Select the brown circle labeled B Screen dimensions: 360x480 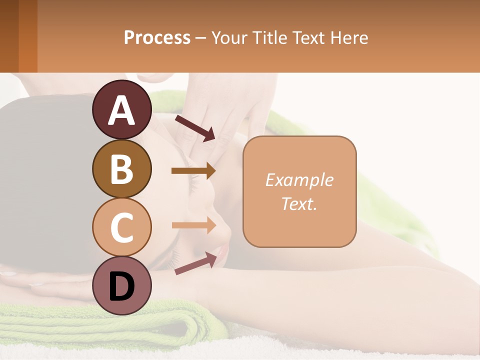(x=121, y=169)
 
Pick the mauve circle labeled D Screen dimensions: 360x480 (x=121, y=286)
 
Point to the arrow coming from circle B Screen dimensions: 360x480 (x=193, y=171)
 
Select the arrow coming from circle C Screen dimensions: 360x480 (x=193, y=225)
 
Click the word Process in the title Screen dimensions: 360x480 (x=157, y=38)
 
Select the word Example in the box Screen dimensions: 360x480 (x=299, y=180)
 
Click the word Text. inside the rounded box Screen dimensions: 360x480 (x=299, y=204)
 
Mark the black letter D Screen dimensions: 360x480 (x=121, y=287)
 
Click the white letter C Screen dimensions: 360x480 (x=121, y=227)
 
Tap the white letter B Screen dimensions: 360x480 (x=121, y=169)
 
